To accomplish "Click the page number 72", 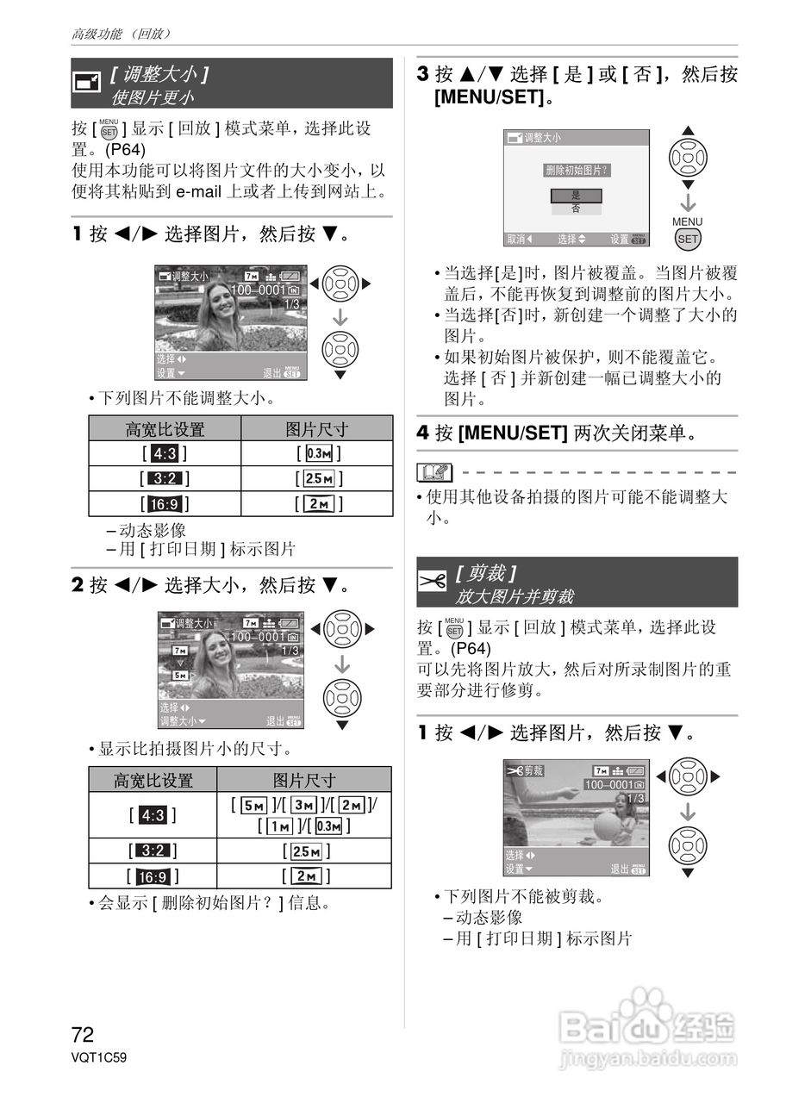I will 83,1034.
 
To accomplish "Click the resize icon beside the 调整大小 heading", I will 86,83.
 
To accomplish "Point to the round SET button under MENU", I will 688,239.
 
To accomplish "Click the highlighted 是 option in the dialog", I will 576,196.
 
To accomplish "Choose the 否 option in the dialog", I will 576,209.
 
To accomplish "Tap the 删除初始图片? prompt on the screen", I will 577,170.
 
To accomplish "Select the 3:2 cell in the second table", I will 153,851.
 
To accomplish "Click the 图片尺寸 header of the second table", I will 304,780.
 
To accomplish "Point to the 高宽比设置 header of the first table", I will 165,429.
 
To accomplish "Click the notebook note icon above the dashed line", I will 434,472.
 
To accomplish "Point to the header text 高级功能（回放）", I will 122,34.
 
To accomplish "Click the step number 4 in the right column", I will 423,433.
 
